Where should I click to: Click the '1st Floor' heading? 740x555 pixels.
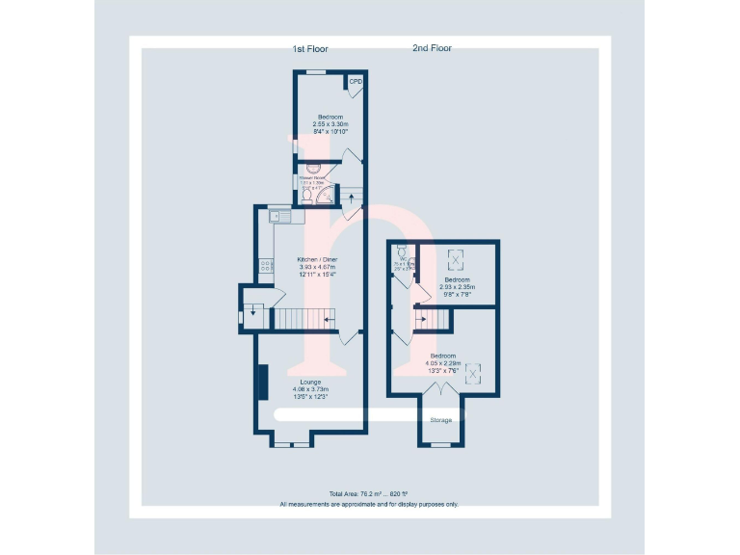(x=310, y=48)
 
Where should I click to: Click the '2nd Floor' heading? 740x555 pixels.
(x=432, y=48)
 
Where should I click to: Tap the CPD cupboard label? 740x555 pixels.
(x=356, y=82)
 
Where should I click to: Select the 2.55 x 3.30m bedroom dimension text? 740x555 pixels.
(x=330, y=124)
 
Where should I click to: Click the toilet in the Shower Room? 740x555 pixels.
(x=307, y=196)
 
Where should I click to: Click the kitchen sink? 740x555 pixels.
(x=277, y=216)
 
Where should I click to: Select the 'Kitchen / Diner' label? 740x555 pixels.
(x=317, y=260)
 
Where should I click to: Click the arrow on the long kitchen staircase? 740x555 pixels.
(x=330, y=319)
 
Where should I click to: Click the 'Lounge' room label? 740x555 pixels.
(x=310, y=383)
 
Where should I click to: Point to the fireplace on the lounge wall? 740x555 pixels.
(x=260, y=382)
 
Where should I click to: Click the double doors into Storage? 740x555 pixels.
(x=440, y=390)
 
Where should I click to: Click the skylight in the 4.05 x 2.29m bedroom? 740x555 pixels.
(x=474, y=373)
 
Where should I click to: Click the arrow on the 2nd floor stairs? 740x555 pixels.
(x=421, y=319)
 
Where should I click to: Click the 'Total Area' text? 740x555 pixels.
(x=369, y=493)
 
